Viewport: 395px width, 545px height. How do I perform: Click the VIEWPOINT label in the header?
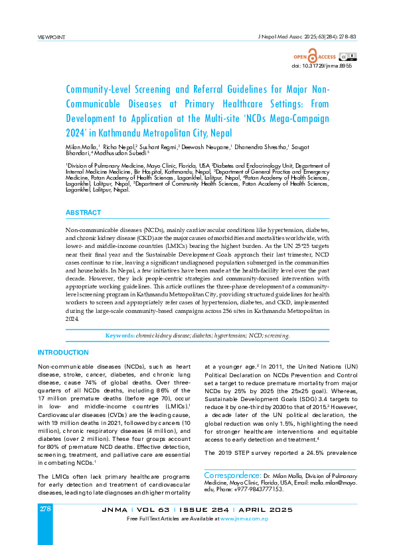(52, 36)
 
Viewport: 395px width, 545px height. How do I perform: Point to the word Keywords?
(119, 336)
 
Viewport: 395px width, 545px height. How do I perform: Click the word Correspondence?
(232, 475)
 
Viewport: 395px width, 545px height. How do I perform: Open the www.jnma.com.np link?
(245, 518)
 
